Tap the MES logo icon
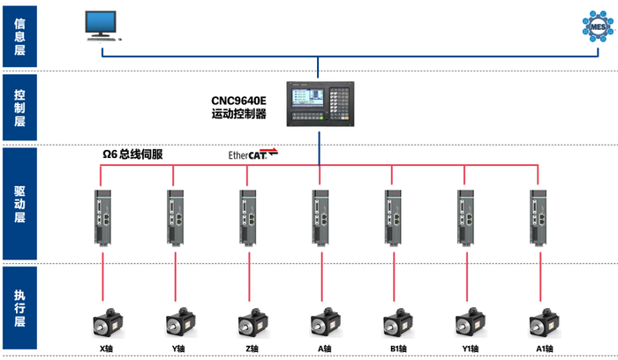pos(596,26)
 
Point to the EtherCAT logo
pos(253,154)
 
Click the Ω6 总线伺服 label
pos(132,154)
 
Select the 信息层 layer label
pos(20,36)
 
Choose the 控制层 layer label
pos(20,109)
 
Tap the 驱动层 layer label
pos(20,205)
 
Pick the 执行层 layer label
pos(20,308)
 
